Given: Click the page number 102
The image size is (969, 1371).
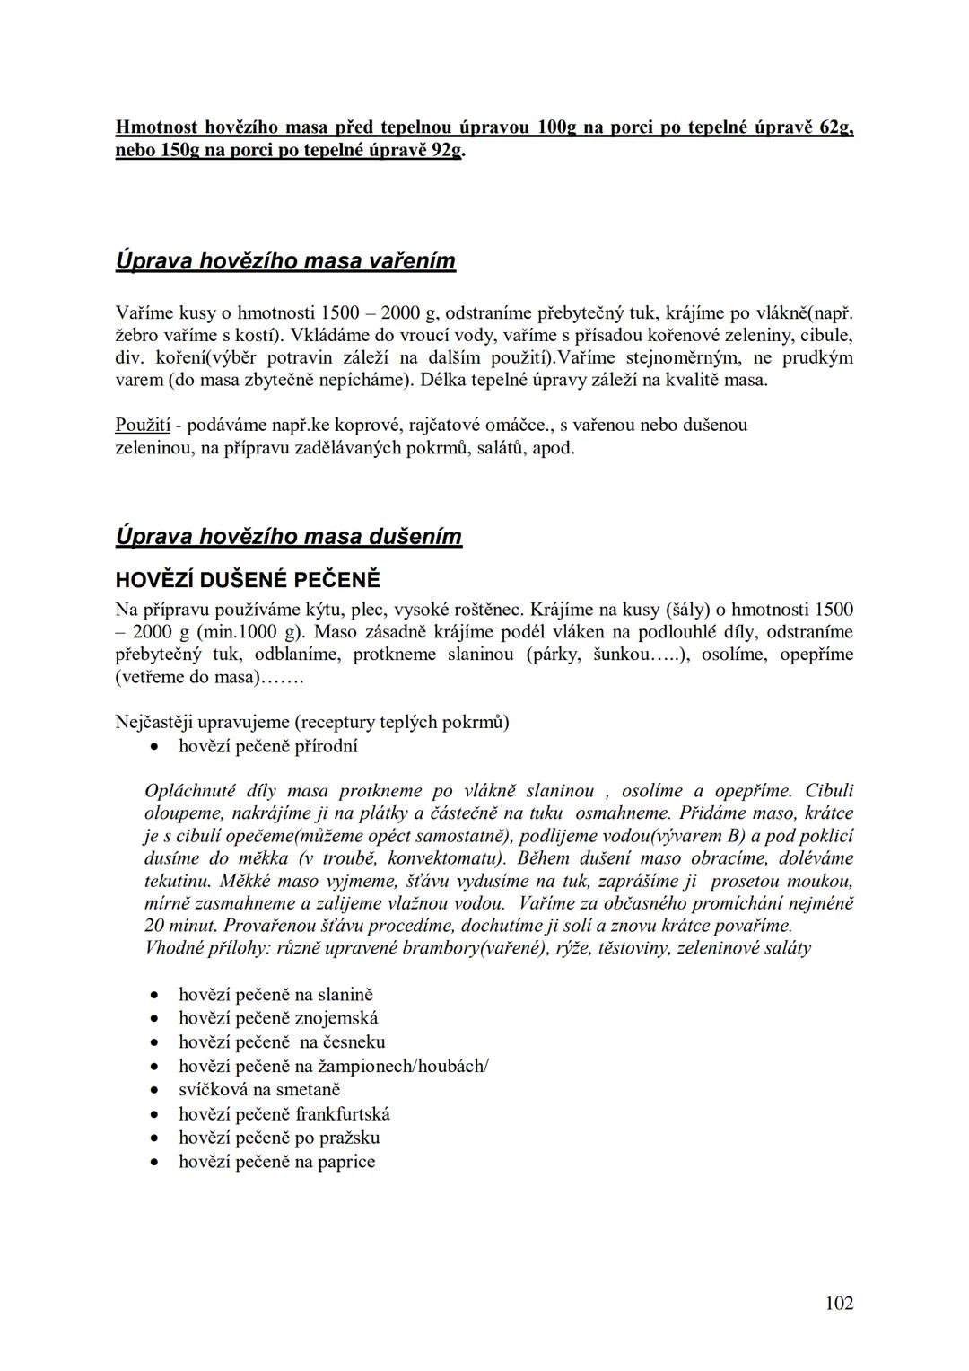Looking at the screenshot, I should [839, 1303].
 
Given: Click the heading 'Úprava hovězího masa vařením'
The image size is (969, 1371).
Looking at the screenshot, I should [285, 261].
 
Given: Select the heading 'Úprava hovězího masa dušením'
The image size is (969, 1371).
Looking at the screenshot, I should [289, 537].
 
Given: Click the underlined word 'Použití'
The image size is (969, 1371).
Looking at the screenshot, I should [143, 424].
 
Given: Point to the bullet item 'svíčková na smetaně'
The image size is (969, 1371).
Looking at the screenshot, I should [259, 1090].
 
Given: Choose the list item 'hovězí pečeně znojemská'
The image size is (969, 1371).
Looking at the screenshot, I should [278, 1018].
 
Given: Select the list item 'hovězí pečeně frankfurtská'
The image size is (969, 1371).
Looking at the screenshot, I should [284, 1114].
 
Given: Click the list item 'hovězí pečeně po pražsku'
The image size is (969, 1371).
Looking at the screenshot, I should [279, 1138].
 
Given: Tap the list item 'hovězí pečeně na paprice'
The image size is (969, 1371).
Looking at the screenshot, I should [277, 1162].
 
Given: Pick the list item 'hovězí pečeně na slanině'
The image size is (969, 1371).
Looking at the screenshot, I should [275, 995].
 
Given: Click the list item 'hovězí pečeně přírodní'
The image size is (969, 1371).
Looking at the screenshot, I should [268, 746].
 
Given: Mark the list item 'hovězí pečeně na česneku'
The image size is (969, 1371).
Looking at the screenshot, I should [282, 1042].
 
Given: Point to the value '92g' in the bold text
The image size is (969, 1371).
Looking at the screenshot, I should [446, 150].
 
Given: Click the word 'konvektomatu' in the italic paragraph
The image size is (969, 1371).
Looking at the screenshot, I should [443, 857].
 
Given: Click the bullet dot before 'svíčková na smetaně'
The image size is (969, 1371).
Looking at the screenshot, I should [156, 1091].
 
